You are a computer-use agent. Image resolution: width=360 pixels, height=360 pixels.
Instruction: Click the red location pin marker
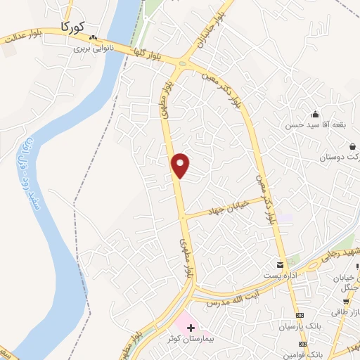pyautogui.click(x=181, y=165)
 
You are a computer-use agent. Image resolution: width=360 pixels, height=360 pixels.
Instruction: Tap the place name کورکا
pyautogui.click(x=73, y=27)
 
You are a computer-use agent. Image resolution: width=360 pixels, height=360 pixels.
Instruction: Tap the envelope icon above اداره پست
pyautogui.click(x=281, y=264)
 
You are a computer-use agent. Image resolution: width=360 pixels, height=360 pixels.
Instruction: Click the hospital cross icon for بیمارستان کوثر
pyautogui.click(x=190, y=328)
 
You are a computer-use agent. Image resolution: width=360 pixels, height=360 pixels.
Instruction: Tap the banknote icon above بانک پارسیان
pyautogui.click(x=300, y=316)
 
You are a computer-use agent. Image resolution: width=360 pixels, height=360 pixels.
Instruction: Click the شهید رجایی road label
pyautogui.click(x=340, y=252)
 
